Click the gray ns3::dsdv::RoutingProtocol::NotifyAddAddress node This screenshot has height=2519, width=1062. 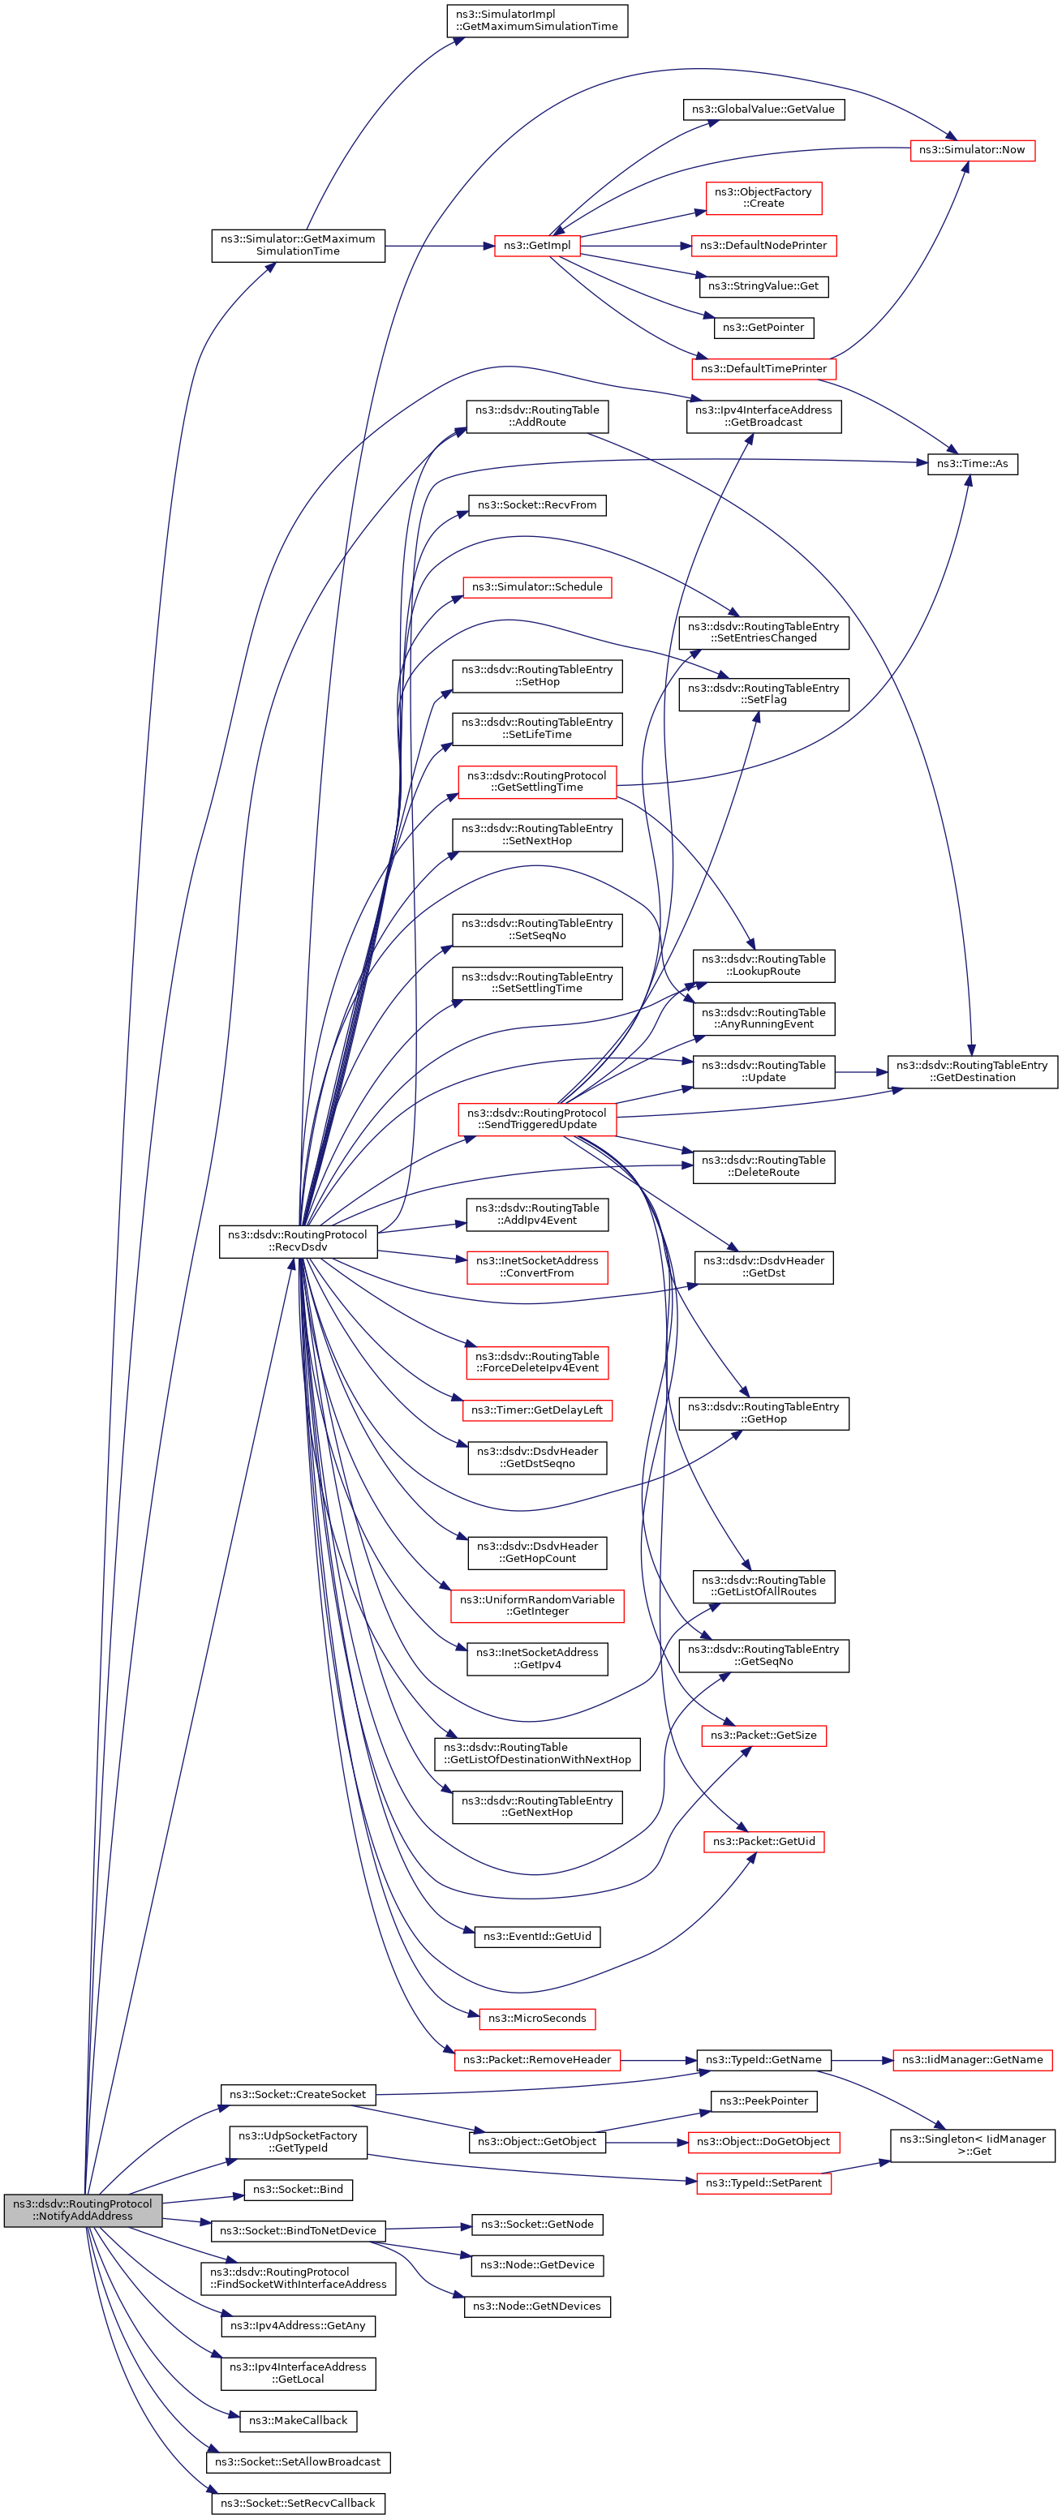[82, 2209]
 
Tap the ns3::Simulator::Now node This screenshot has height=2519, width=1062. [971, 149]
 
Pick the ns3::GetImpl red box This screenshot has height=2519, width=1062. [536, 246]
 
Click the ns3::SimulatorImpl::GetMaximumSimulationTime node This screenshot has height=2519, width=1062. [536, 20]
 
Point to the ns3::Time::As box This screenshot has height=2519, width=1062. [971, 464]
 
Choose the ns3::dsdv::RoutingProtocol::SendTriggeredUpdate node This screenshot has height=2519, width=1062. [536, 1118]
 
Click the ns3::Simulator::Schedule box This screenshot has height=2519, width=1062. [536, 586]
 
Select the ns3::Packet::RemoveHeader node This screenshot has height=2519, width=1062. [536, 2059]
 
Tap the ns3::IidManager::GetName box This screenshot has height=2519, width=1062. [971, 2059]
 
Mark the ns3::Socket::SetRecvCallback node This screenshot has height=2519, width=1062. [297, 2503]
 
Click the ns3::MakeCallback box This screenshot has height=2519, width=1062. [297, 2420]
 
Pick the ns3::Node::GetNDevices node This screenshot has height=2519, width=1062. [536, 2306]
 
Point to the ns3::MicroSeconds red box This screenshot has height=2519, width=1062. [536, 2019]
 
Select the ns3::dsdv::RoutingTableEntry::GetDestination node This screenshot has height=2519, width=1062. [971, 1071]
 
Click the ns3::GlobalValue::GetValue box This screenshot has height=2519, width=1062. [763, 109]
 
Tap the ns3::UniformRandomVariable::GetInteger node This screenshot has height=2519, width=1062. [536, 1605]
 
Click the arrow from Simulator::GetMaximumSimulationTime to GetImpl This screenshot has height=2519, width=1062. [440, 246]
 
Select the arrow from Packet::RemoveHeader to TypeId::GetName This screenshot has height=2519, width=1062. [657, 2059]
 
